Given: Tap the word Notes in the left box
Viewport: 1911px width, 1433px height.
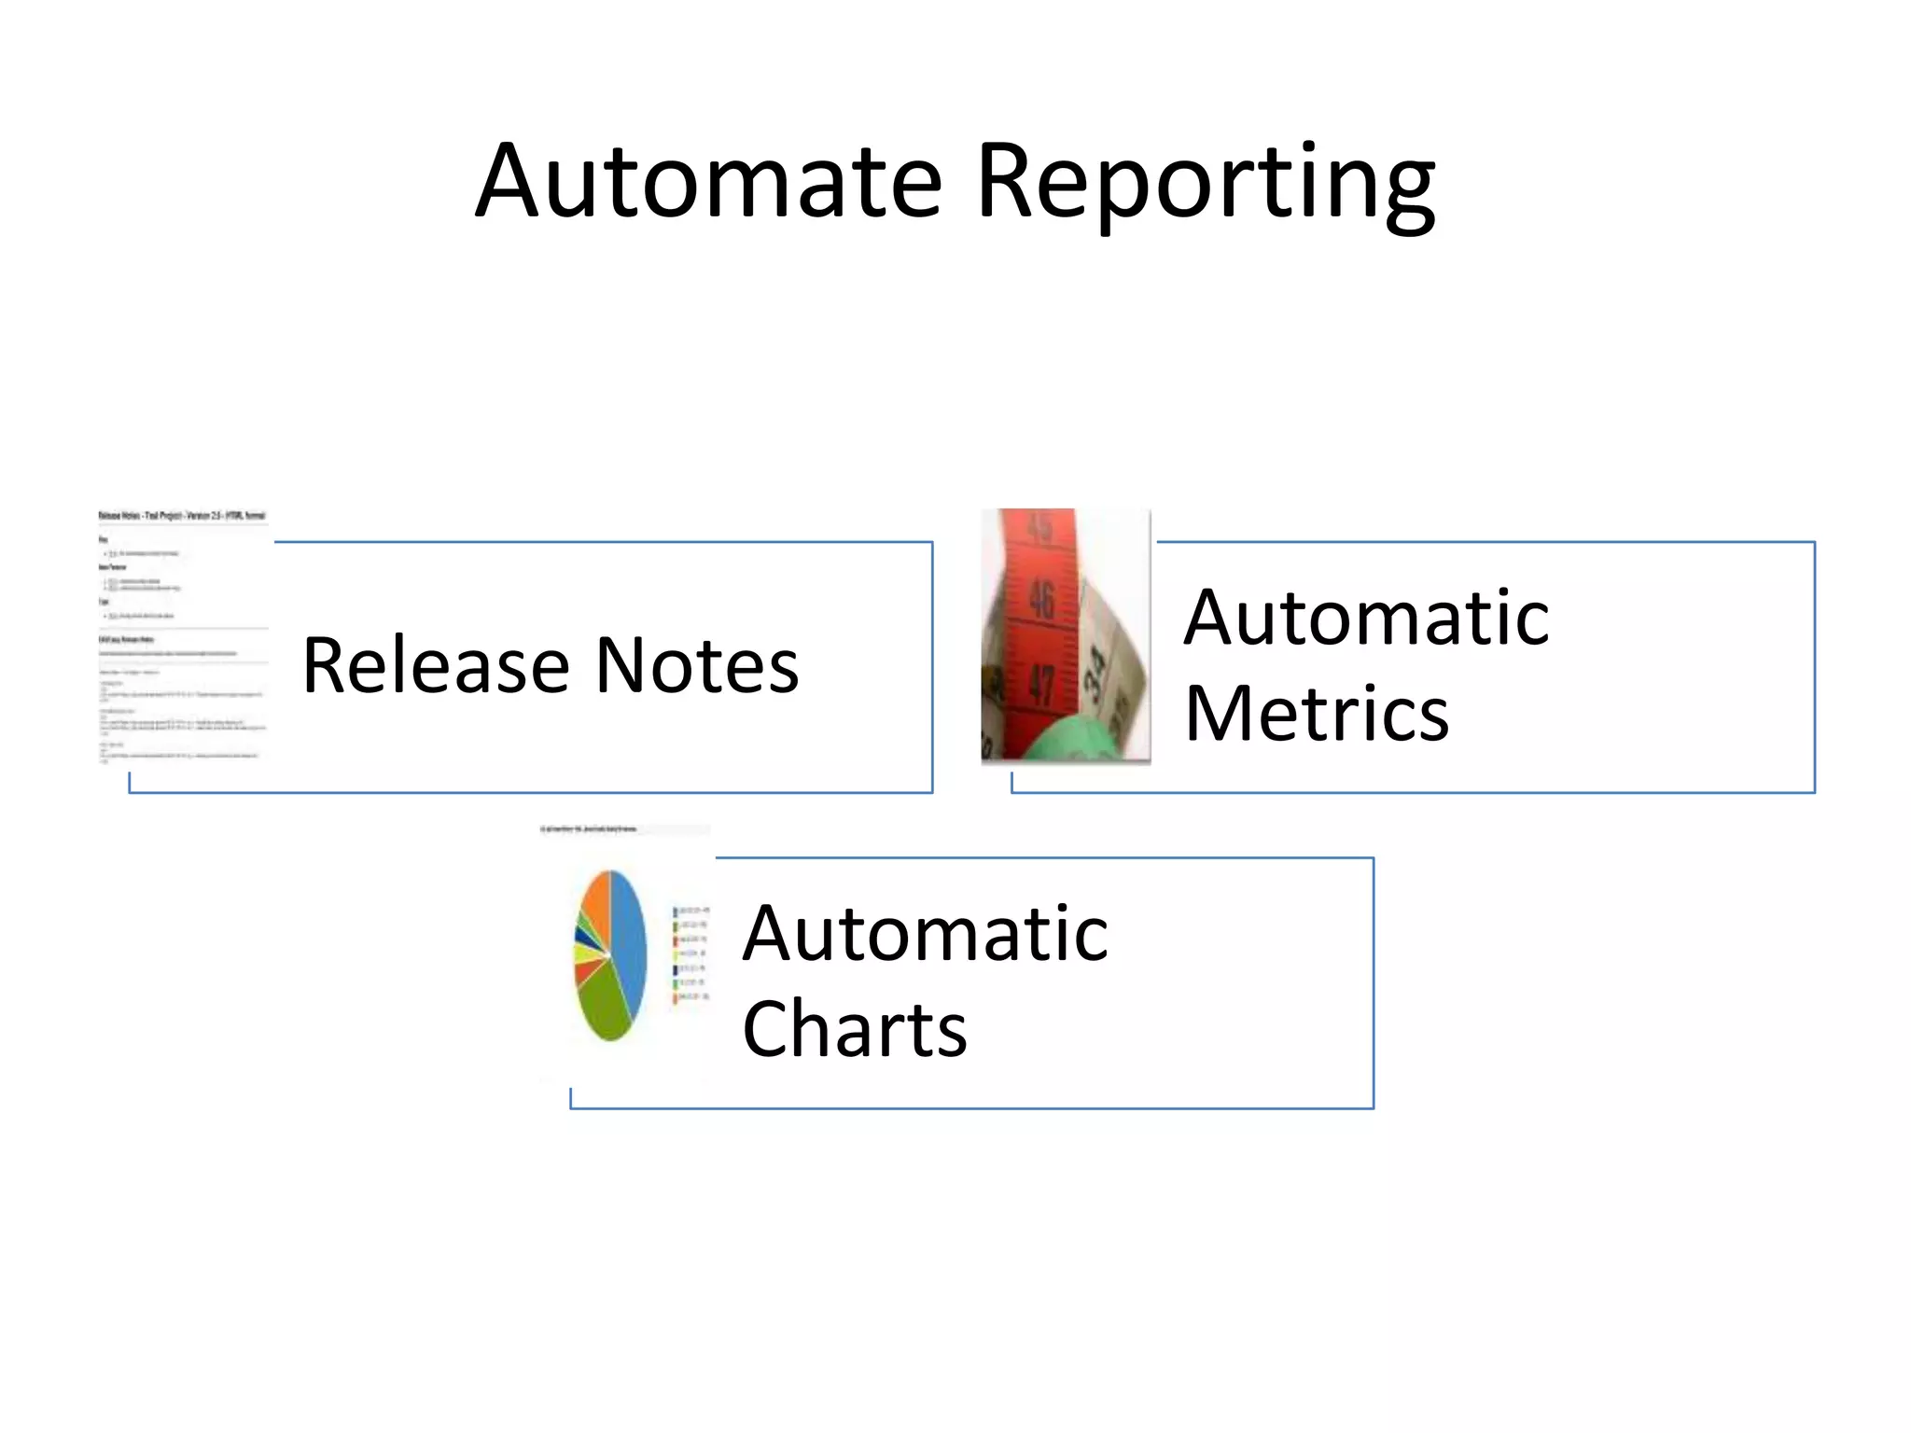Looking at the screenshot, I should point(697,665).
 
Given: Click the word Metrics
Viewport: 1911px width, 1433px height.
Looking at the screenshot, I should point(1317,714).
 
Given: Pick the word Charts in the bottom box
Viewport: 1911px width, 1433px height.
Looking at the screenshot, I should point(855,1029).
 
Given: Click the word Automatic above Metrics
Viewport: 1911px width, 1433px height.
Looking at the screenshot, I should point(1366,618).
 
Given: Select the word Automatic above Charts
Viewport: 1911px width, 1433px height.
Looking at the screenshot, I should point(925,934).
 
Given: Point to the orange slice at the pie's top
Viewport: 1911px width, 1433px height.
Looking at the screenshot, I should point(595,897).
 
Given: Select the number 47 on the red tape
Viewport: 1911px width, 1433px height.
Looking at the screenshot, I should point(1040,686).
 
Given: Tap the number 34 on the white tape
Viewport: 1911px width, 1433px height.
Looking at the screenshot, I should point(1097,667).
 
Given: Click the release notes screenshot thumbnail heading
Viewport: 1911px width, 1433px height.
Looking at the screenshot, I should point(182,515).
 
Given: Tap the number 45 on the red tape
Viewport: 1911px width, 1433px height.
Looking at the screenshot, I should point(1038,528).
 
